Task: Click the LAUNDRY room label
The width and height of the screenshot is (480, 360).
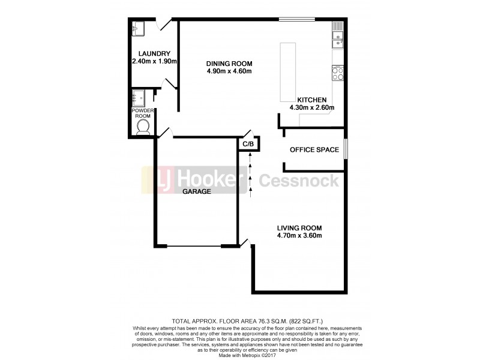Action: click(148, 53)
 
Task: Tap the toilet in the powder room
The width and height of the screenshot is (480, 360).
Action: click(143, 127)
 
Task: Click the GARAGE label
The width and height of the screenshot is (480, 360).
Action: click(198, 192)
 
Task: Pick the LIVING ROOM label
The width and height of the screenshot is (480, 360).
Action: click(299, 228)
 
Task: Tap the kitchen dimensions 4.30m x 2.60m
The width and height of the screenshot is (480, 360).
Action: click(311, 108)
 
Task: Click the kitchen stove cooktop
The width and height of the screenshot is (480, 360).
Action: click(337, 74)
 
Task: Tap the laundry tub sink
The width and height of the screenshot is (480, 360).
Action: click(139, 27)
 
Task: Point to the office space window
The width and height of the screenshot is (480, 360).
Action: click(346, 149)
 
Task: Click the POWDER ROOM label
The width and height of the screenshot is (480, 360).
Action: click(143, 113)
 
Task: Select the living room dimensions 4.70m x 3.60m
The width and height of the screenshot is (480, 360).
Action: click(299, 236)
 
